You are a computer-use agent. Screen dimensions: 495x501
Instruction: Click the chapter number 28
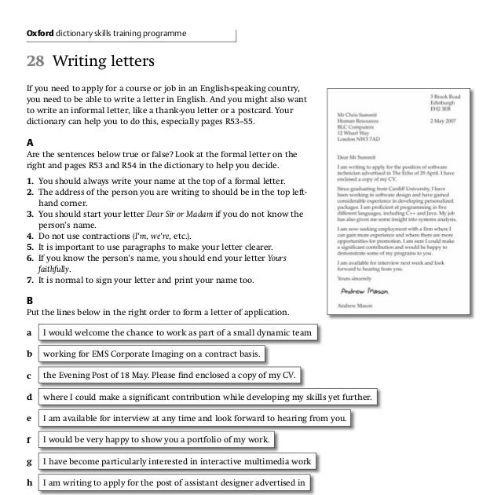(x=37, y=60)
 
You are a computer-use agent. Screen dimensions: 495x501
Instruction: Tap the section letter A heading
(x=30, y=143)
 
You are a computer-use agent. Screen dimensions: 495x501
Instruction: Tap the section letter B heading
(x=30, y=300)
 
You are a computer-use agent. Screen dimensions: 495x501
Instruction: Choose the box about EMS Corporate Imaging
(x=153, y=354)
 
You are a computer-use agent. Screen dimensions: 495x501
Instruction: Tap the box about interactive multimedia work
(x=177, y=460)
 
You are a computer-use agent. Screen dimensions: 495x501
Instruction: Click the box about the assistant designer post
(x=176, y=482)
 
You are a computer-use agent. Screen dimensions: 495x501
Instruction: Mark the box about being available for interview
(x=195, y=418)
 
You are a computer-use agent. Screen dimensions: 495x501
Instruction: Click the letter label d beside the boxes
(x=30, y=398)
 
